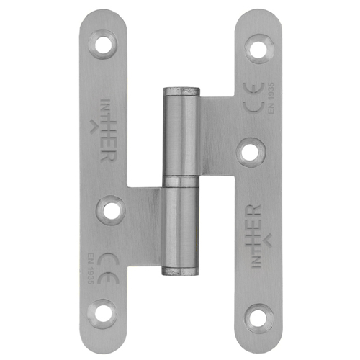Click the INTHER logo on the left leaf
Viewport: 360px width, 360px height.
pyautogui.click(x=103, y=130)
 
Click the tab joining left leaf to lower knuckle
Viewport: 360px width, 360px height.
pyautogui.click(x=148, y=216)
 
